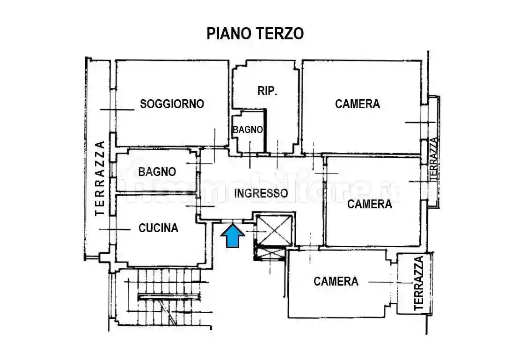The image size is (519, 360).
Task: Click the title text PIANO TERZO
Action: pos(255,34)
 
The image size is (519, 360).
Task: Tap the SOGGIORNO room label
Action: pos(172,104)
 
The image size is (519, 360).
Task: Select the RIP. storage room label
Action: pos(267,91)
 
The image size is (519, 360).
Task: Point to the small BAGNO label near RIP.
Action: pos(248,130)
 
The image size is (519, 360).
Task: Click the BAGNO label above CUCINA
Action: pos(157,172)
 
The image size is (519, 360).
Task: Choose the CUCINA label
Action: pos(158,228)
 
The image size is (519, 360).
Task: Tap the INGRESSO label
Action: pos(261,193)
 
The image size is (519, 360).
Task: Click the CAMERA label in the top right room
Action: pos(357,104)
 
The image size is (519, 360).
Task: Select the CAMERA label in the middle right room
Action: pos(369,204)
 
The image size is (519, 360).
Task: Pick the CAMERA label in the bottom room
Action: pos(336,281)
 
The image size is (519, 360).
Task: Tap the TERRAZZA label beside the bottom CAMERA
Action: pos(419,283)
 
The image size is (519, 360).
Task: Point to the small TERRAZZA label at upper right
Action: pos(433,159)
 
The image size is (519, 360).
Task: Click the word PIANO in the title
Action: pos(229,34)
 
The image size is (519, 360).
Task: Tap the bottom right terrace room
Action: pos(414,283)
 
